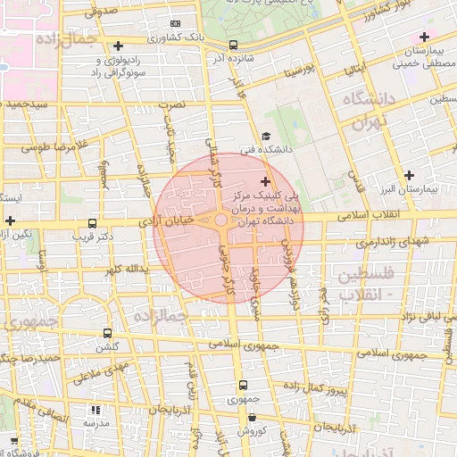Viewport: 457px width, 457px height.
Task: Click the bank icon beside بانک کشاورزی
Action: click(174, 23)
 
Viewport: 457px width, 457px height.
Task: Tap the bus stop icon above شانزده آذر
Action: click(233, 45)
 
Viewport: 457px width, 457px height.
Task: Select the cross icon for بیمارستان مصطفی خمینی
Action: click(424, 37)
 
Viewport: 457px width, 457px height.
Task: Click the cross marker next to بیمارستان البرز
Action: click(410, 175)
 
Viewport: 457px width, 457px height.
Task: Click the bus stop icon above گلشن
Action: click(108, 332)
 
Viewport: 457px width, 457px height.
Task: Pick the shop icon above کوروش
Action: click(252, 417)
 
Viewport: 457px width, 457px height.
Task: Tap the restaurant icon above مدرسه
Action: click(96, 410)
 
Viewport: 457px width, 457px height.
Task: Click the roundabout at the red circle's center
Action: click(220, 220)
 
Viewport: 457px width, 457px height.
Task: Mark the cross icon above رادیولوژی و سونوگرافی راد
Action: click(119, 46)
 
